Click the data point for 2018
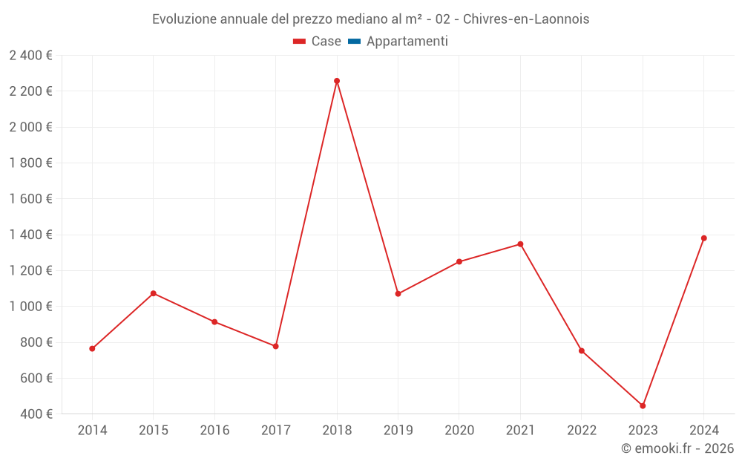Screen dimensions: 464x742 [x=337, y=81]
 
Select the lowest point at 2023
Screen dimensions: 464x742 [x=643, y=406]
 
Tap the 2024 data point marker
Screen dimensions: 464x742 [x=703, y=238]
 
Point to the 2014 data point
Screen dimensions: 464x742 [x=92, y=348]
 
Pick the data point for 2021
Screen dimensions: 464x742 [x=520, y=244]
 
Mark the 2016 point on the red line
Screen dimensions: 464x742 [x=214, y=321]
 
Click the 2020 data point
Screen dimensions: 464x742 [x=459, y=261]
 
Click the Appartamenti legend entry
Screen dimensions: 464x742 [x=407, y=42]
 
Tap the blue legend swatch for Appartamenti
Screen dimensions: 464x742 [x=354, y=42]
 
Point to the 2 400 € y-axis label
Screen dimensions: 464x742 [x=30, y=55]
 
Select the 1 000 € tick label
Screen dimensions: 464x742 [x=30, y=307]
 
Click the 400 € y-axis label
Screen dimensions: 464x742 [x=36, y=414]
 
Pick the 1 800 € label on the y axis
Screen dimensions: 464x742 [x=30, y=163]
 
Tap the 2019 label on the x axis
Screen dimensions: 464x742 [x=398, y=431]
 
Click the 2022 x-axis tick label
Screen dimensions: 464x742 [x=582, y=431]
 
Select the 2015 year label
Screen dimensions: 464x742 [x=154, y=431]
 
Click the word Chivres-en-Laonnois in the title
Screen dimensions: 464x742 [x=526, y=19]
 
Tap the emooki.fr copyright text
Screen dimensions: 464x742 [x=677, y=448]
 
